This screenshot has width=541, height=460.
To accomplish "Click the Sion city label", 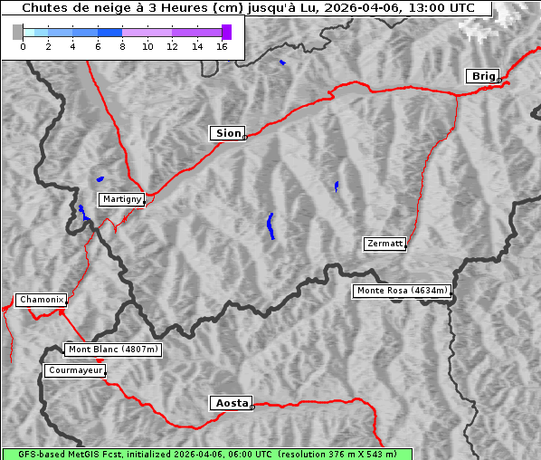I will tap(228, 133).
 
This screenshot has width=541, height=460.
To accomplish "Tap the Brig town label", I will tap(482, 76).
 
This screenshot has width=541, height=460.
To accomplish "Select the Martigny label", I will tap(121, 199).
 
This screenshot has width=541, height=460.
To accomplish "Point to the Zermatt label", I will tap(384, 244).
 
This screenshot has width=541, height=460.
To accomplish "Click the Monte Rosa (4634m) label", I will tap(402, 291).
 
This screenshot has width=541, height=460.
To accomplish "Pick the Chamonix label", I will tap(41, 300).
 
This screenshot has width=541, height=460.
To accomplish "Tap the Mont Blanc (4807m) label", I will tap(113, 350).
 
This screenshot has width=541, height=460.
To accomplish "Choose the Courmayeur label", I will tap(75, 370).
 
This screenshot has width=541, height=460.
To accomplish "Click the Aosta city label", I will tap(231, 403).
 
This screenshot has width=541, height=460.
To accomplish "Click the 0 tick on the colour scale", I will tap(23, 46).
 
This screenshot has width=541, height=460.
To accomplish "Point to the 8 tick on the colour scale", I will tap(122, 46).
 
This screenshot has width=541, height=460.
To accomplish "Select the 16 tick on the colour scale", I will tap(221, 46).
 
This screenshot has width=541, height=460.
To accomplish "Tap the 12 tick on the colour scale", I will tap(172, 46).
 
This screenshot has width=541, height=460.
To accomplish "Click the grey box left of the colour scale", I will tap(18, 32).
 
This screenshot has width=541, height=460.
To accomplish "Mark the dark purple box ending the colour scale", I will tap(226, 32).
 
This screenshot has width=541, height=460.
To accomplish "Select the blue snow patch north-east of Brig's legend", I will tap(282, 62).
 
